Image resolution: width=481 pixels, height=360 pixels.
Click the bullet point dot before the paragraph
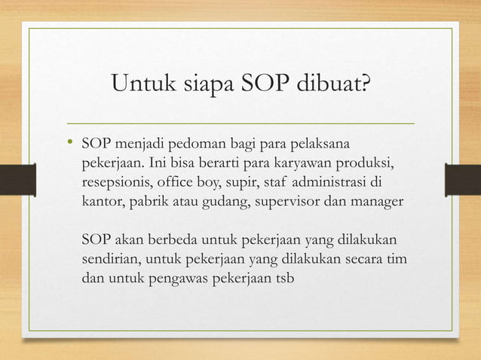click(71, 143)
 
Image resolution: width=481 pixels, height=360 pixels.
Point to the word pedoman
click(183, 143)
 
